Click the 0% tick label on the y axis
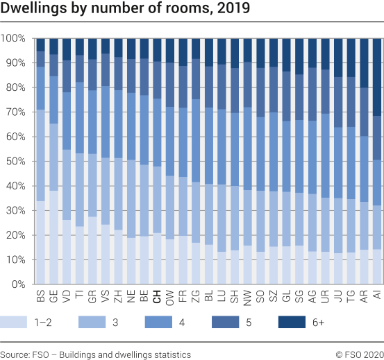point(17,284)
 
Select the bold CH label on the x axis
point(157,297)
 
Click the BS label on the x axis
point(40,297)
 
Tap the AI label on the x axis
point(377,296)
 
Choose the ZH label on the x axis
point(118,297)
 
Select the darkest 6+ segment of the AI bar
point(377,76)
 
